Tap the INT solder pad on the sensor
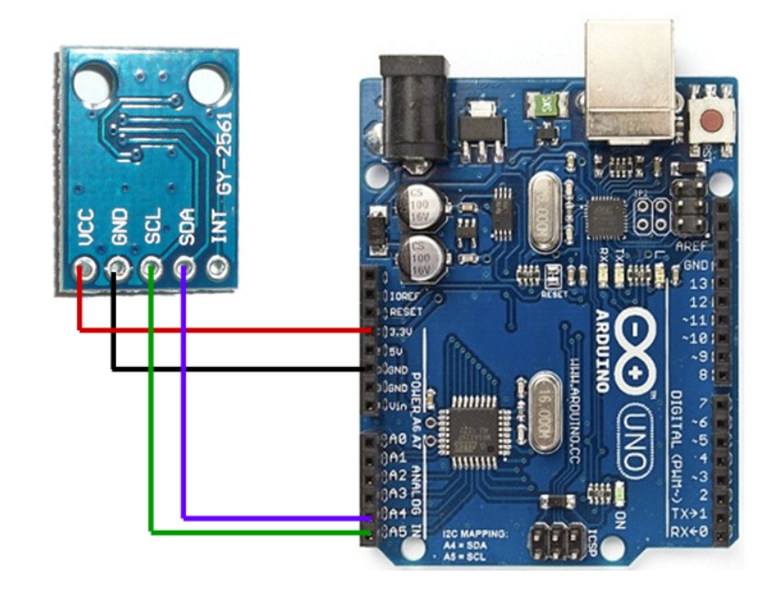[217, 269]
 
